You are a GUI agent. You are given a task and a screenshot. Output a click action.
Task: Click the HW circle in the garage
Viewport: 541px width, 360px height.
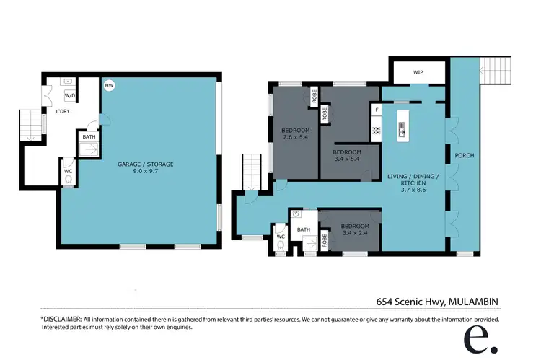pos(109,86)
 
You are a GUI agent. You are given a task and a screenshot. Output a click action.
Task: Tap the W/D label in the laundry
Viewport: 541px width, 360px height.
pos(70,95)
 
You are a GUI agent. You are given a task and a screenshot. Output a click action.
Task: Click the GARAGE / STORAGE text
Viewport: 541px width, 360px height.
pos(146,164)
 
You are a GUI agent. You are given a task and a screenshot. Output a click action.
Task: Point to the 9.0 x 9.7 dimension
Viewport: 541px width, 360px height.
pos(146,172)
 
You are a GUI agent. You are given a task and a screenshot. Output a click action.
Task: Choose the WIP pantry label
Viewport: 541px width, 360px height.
pos(418,73)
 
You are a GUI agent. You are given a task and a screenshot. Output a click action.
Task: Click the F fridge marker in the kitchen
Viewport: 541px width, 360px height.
pos(377,110)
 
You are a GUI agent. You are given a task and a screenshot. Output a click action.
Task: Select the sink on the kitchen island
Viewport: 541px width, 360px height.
pos(402,131)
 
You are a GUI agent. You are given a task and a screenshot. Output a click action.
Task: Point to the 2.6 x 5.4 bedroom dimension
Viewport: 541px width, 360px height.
pos(294,137)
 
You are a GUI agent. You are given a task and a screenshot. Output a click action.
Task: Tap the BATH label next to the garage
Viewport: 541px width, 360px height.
pos(88,137)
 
